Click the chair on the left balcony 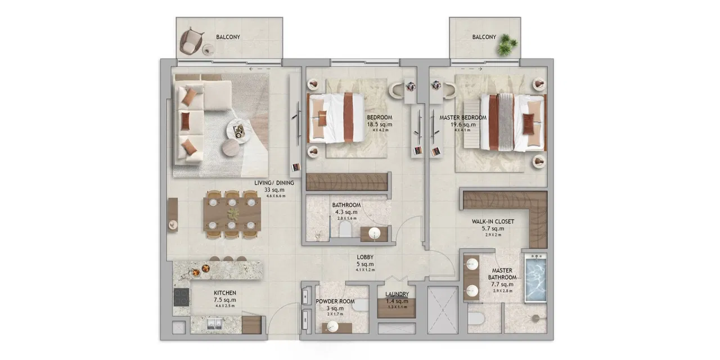pos(192,39)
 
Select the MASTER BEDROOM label pos(463,118)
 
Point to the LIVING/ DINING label pos(274,183)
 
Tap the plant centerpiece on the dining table pos(233,214)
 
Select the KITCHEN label pos(224,293)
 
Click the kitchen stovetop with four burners pos(181,296)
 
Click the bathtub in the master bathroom pos(535,278)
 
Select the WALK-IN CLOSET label pos(492,222)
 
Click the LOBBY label pos(365,257)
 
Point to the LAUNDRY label pos(397,294)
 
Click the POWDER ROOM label pos(335,301)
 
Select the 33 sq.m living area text pos(274,190)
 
